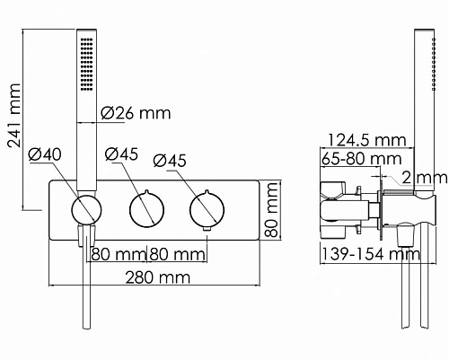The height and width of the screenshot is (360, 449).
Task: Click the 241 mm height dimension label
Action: (x=14, y=115)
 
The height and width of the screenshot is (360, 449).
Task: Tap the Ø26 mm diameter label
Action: (x=136, y=113)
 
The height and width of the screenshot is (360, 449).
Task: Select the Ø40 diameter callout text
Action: (x=45, y=155)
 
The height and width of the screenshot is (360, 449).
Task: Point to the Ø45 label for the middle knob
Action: (x=121, y=154)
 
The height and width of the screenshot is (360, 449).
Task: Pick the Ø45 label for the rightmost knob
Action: (x=170, y=161)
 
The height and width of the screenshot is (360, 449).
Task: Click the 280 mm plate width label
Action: (x=158, y=277)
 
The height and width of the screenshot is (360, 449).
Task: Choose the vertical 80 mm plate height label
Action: (x=272, y=210)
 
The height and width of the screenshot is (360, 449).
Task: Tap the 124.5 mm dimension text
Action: (x=367, y=140)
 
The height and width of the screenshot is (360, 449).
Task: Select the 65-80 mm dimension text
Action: (x=361, y=159)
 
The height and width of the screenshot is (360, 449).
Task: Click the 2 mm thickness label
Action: (x=425, y=178)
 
